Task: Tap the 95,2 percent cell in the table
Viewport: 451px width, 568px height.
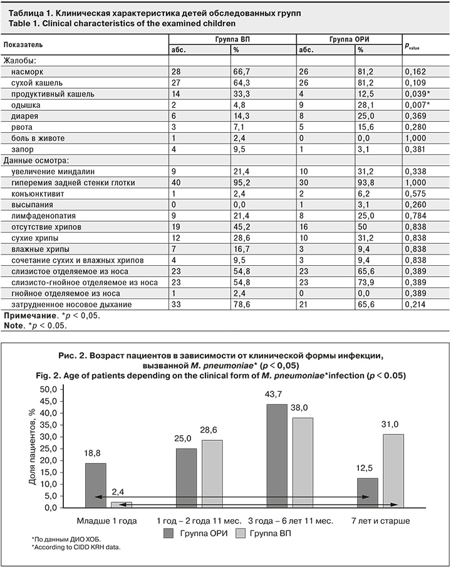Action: pos(241,182)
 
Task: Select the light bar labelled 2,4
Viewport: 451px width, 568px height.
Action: pos(122,504)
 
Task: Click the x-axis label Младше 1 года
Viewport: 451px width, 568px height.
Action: pos(101,520)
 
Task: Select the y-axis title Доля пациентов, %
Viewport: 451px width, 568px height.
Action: pos(32,448)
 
